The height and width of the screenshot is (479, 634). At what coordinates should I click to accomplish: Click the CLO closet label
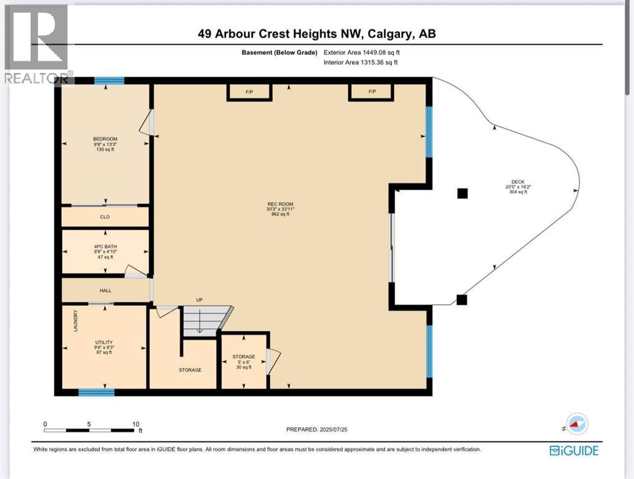click(x=105, y=218)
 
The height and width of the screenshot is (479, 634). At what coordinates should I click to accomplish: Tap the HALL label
click(x=105, y=291)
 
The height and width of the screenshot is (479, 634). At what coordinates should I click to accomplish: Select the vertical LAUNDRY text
click(x=76, y=321)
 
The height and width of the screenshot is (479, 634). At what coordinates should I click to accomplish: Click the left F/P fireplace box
click(x=249, y=92)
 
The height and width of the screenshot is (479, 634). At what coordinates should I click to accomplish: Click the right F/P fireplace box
click(x=372, y=92)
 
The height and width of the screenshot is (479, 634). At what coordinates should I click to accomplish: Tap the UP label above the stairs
click(x=200, y=300)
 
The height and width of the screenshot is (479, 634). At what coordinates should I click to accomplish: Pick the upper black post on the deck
click(x=462, y=193)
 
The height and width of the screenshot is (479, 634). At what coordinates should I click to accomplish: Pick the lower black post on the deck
click(x=461, y=300)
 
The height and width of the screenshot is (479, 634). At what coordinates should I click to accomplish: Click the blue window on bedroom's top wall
click(x=109, y=80)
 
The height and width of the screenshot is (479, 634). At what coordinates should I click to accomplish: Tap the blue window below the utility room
click(x=96, y=392)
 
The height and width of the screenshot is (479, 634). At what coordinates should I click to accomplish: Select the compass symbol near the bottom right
click(x=576, y=423)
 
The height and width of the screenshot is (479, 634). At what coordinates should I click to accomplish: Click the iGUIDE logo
click(x=573, y=450)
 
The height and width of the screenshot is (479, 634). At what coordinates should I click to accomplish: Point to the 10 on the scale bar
click(x=135, y=424)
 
